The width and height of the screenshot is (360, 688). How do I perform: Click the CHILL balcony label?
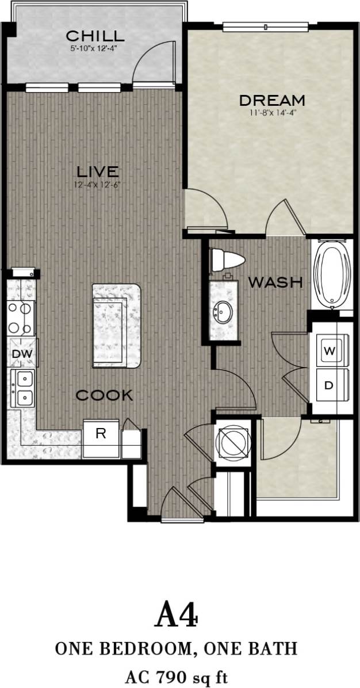[95, 36]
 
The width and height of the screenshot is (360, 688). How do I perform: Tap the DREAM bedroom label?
[272, 100]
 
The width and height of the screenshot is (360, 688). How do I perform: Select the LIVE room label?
[98, 171]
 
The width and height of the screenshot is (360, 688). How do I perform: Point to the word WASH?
[275, 282]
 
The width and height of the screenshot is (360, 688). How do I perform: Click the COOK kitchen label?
[105, 395]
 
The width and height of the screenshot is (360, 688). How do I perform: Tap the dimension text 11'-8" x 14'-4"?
[272, 113]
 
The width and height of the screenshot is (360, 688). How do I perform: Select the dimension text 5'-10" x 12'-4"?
[95, 48]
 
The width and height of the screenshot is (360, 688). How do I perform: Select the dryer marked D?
[329, 385]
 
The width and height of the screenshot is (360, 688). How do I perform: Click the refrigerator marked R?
[101, 434]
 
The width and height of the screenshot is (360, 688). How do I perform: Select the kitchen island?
[116, 325]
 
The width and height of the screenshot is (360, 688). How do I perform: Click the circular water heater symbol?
[233, 442]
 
